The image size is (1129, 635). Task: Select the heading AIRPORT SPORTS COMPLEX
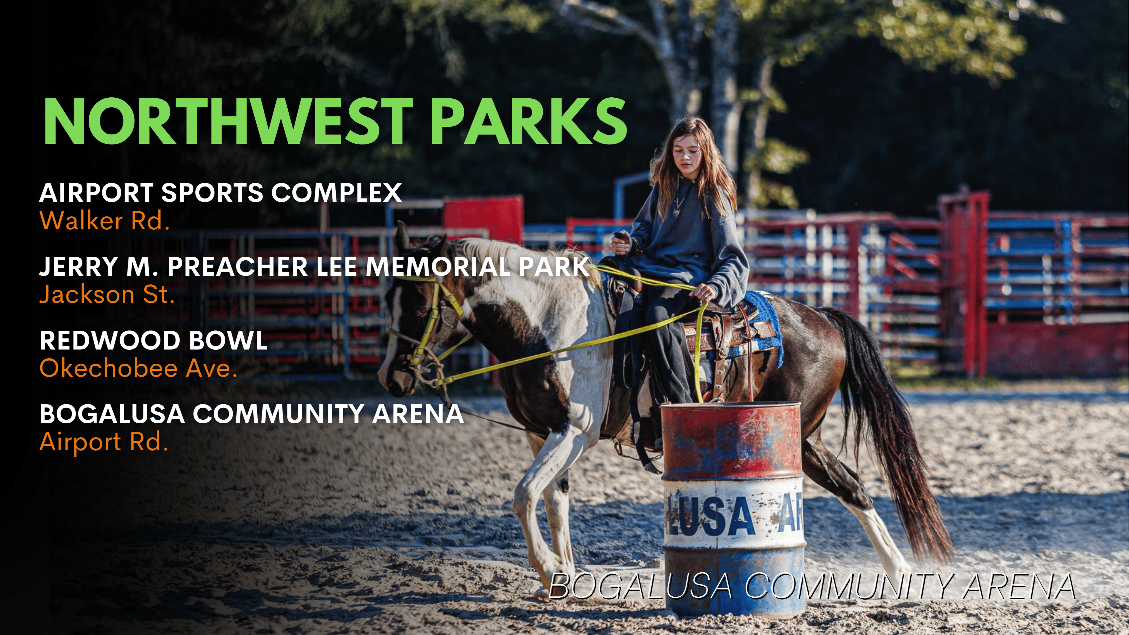221,193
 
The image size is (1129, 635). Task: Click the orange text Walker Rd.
104,221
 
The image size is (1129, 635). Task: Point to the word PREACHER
237,267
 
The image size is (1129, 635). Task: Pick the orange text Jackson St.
107,294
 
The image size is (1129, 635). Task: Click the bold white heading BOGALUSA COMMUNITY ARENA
252,414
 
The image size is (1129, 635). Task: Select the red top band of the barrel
731,441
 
